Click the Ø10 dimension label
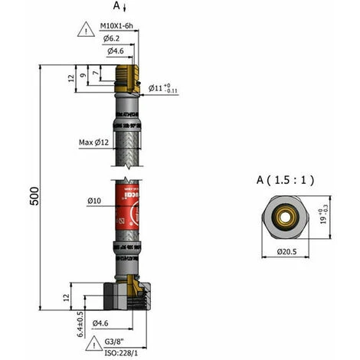pos(95,201)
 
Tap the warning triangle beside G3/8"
pos(93,342)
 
